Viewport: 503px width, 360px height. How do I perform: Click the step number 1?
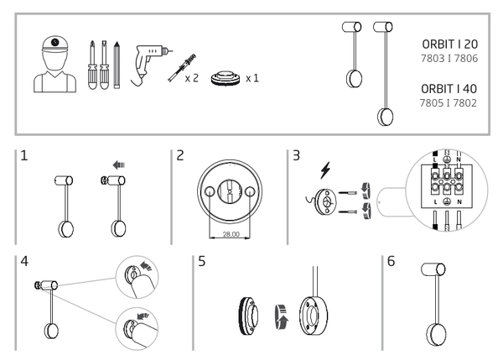(x=26, y=157)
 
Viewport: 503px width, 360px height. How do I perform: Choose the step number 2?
(x=181, y=157)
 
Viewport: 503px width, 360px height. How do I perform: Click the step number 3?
(x=296, y=157)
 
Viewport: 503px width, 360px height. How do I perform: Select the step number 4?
(x=26, y=262)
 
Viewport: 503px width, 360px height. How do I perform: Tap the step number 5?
(x=200, y=262)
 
